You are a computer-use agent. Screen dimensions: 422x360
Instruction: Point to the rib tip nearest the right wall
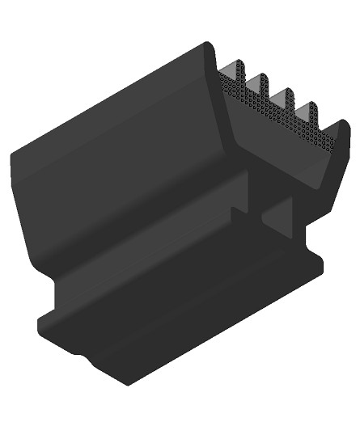coord(307,106)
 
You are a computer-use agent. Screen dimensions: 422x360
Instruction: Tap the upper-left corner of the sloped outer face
coord(14,154)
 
